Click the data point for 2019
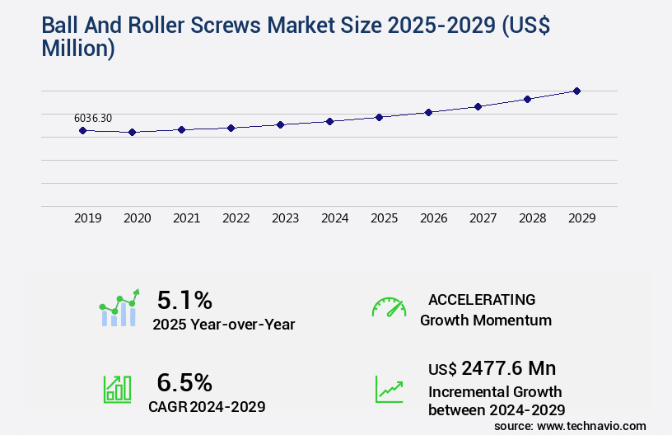click(x=82, y=130)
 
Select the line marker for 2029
click(x=576, y=91)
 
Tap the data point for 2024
click(x=329, y=121)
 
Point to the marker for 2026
click(x=428, y=112)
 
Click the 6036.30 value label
click(x=93, y=118)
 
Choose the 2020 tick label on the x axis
click(x=137, y=218)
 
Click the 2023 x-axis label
click(x=285, y=218)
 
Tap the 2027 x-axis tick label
click(x=483, y=218)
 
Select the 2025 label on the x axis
click(x=384, y=218)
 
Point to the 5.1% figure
click(x=184, y=300)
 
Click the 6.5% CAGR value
click(x=184, y=382)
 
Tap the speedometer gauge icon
click(x=389, y=307)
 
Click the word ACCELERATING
click(x=482, y=299)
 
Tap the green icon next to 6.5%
click(x=117, y=389)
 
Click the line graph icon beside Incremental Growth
click(x=389, y=389)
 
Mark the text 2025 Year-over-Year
click(x=223, y=325)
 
